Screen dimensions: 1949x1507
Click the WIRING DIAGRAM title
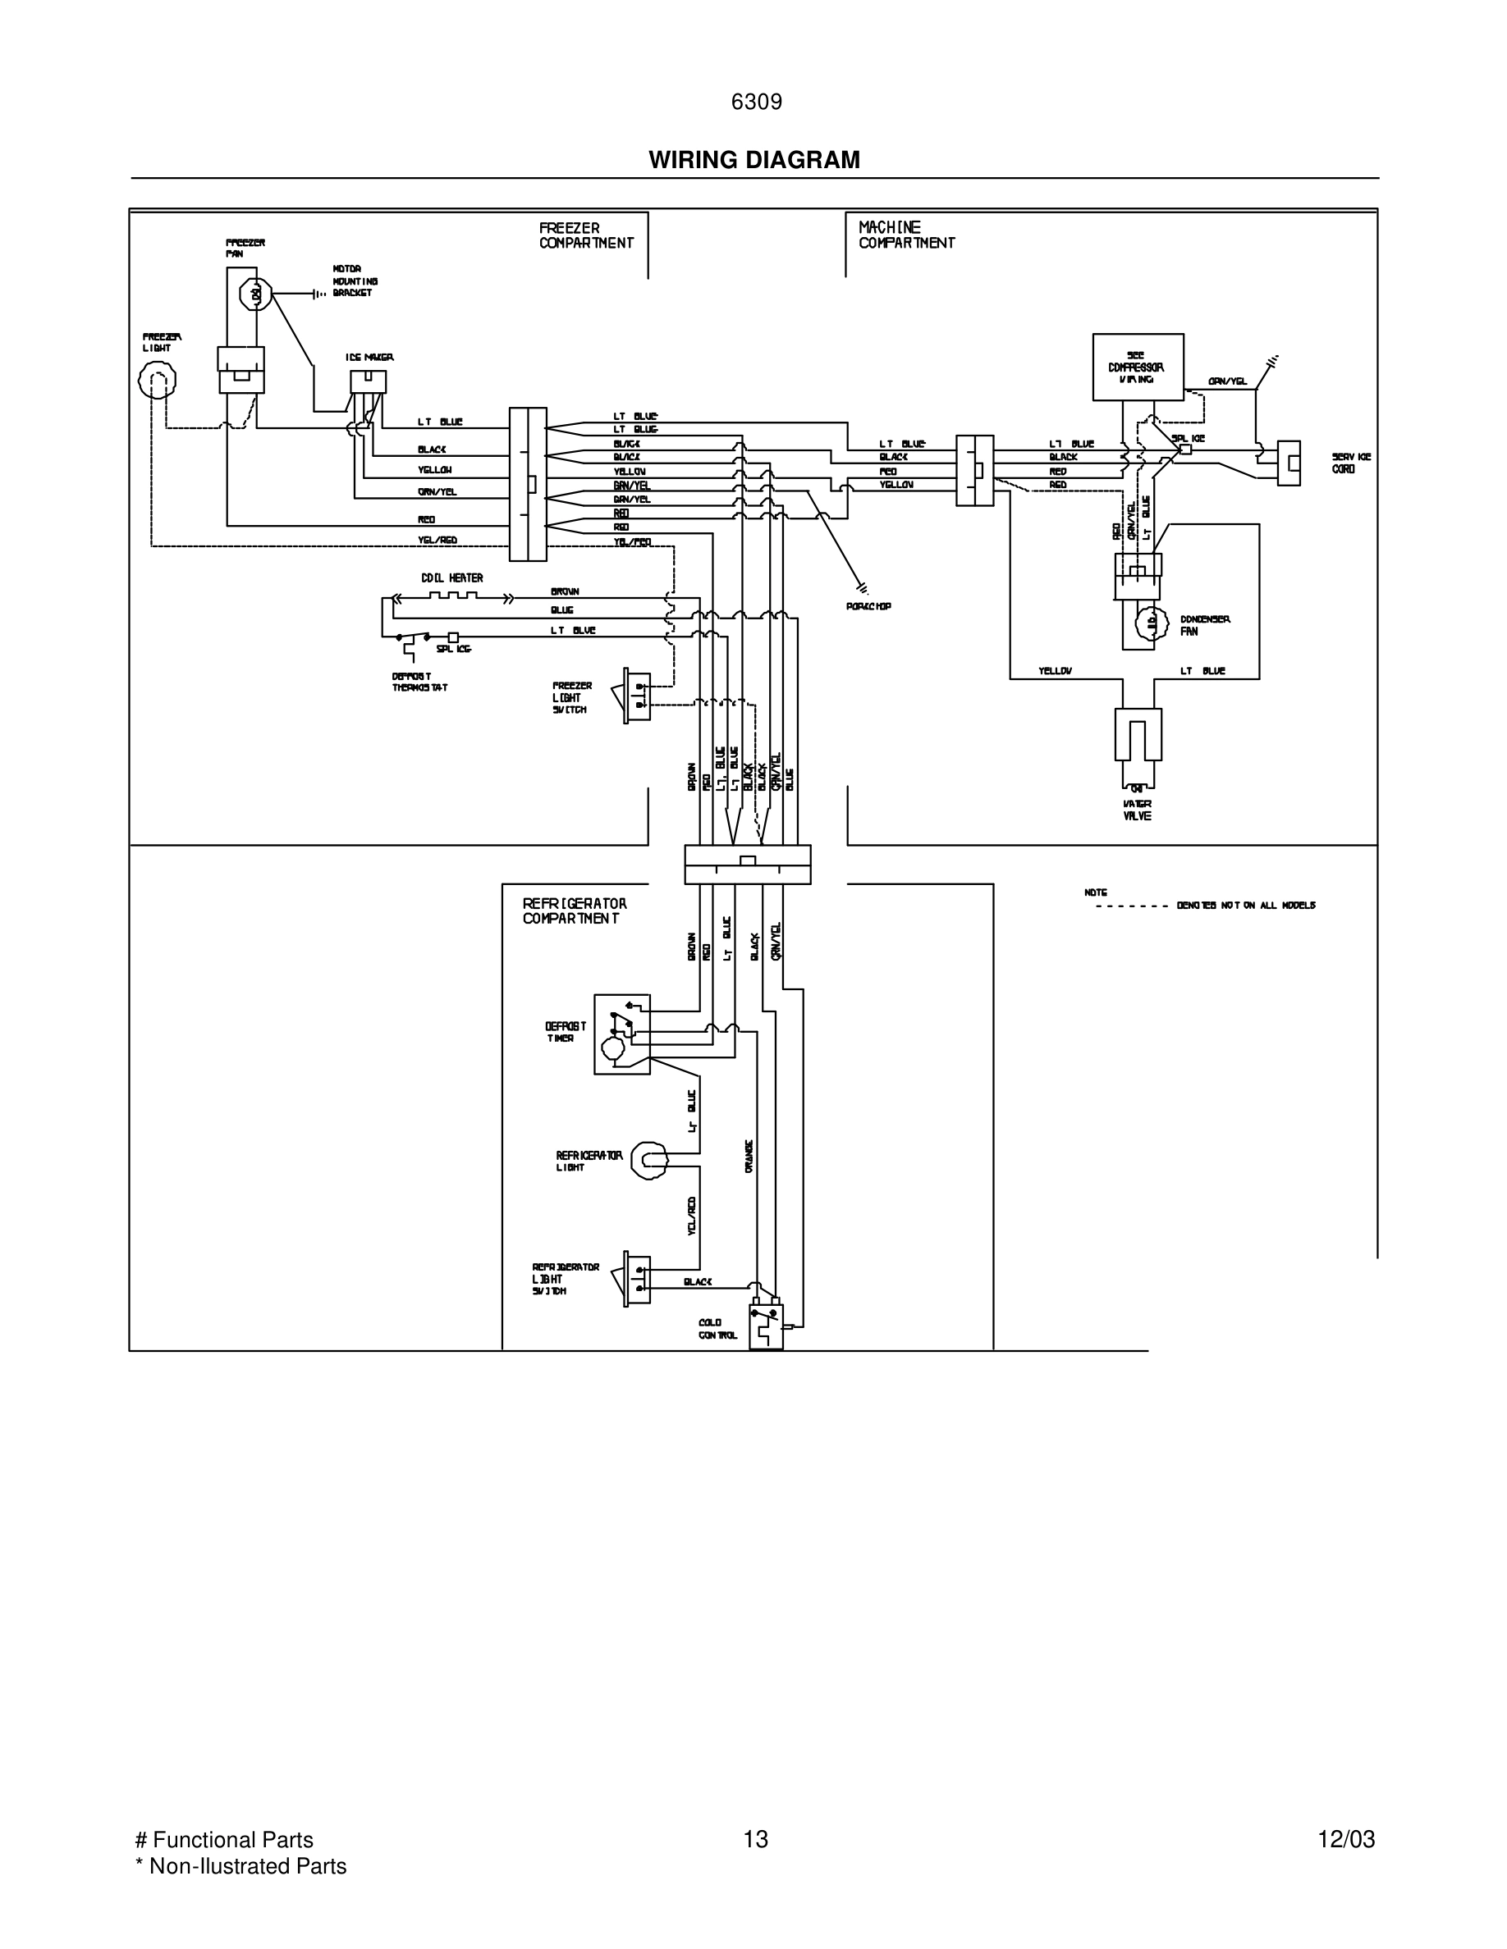[x=753, y=160]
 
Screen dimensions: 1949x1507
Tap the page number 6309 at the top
[x=756, y=103]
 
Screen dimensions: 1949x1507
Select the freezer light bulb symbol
[x=157, y=381]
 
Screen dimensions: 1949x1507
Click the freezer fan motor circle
[x=256, y=294]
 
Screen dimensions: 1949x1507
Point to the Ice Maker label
[x=369, y=357]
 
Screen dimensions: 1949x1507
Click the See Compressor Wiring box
[x=1138, y=367]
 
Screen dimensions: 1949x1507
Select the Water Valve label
[x=1137, y=810]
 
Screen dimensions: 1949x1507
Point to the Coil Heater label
[x=451, y=578]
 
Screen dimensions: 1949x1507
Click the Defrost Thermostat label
[x=419, y=682]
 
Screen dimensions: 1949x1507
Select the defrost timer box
[x=621, y=1034]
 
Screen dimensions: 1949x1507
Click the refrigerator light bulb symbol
[x=649, y=1160]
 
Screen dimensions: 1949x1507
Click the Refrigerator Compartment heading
[x=574, y=911]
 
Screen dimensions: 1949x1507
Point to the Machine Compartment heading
[x=906, y=235]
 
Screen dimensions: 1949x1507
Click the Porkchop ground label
[x=868, y=607]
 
